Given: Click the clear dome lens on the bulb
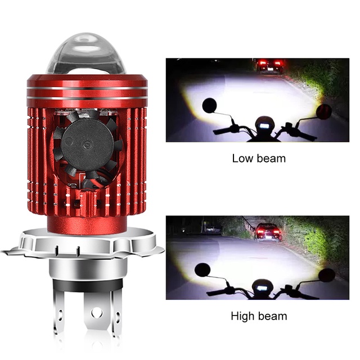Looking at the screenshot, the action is [x=86, y=54].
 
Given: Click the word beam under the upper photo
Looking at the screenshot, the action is [x=271, y=159].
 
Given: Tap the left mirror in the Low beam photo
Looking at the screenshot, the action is [x=209, y=106].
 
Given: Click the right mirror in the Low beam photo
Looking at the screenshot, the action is [x=324, y=111].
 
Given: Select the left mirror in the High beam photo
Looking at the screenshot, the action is [x=202, y=270].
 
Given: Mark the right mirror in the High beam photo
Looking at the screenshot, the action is [x=327, y=275].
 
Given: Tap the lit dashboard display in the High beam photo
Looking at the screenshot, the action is [x=262, y=288].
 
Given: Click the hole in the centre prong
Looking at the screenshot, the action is [x=96, y=313].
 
